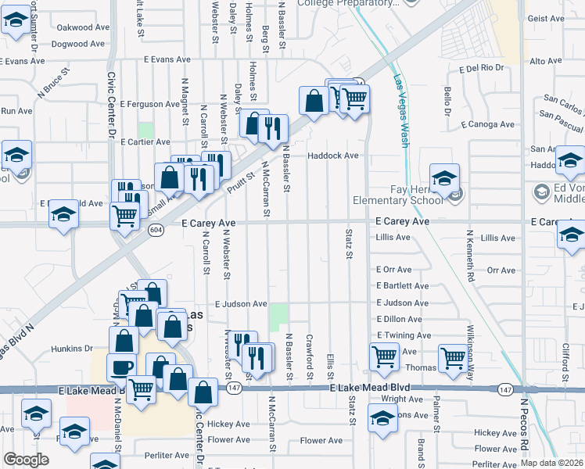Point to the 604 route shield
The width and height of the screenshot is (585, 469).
point(157,230)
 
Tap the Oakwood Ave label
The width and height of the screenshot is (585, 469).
point(83,27)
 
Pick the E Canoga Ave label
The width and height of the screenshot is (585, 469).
point(488,124)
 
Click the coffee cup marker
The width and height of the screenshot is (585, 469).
point(121,367)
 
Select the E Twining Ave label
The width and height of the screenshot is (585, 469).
point(404,335)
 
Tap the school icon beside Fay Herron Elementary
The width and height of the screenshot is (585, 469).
point(444,179)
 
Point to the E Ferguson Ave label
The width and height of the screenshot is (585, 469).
point(149,104)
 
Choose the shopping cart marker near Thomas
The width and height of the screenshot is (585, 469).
point(453,358)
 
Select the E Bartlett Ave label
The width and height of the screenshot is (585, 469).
point(402,286)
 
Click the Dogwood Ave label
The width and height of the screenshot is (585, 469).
point(81,44)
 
